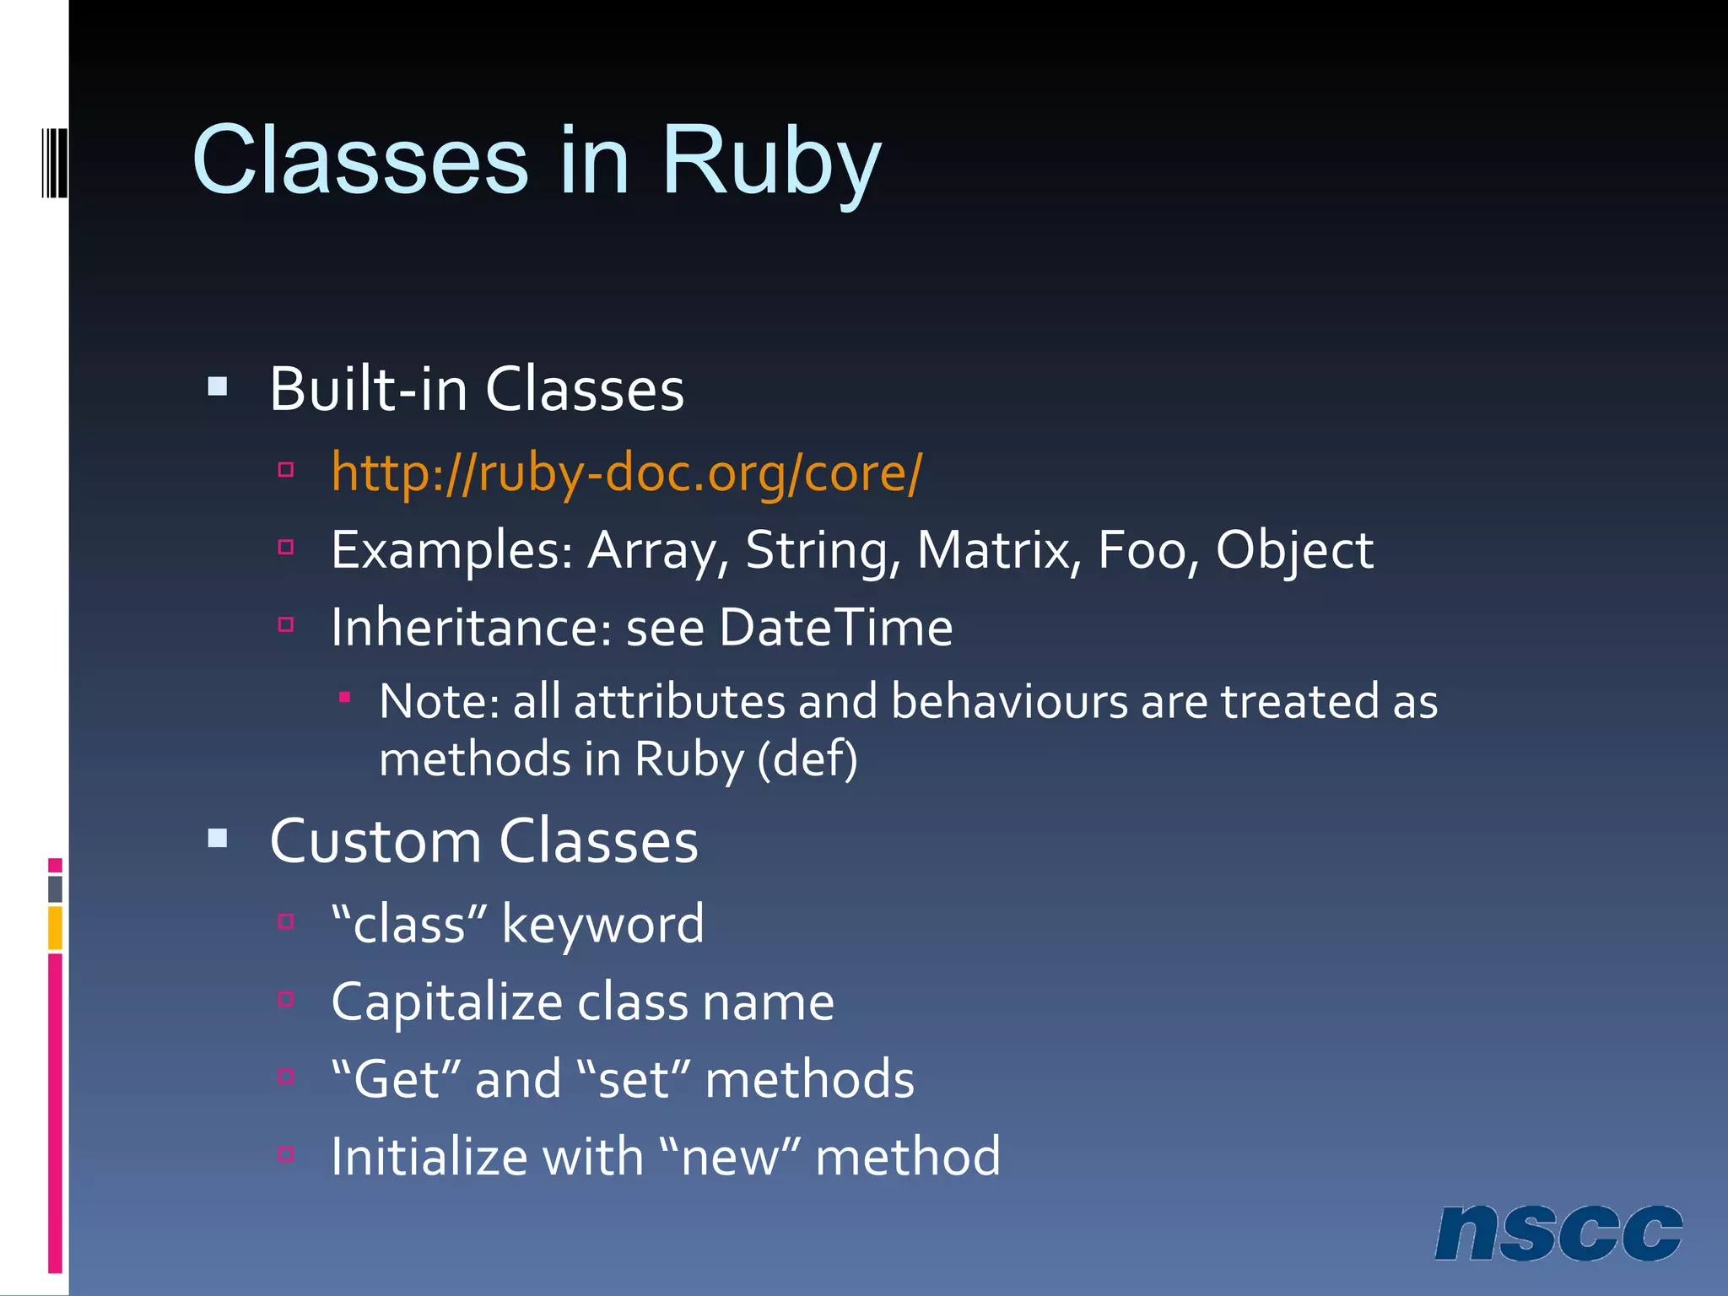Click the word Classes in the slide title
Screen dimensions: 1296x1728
tap(360, 160)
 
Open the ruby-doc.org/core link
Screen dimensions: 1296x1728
tap(626, 472)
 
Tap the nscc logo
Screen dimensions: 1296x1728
tap(1558, 1233)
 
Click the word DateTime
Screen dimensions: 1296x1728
tap(835, 628)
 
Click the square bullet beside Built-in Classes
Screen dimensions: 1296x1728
tap(218, 387)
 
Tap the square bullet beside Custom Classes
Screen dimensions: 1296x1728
tap(218, 838)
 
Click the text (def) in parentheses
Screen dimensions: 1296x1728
tap(807, 759)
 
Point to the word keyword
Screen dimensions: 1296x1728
tap(602, 924)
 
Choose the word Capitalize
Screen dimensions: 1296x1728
tap(447, 1002)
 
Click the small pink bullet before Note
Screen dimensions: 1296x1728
tap(344, 697)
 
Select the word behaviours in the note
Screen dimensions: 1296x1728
tap(1009, 701)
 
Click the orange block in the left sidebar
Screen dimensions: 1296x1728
tap(55, 927)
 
